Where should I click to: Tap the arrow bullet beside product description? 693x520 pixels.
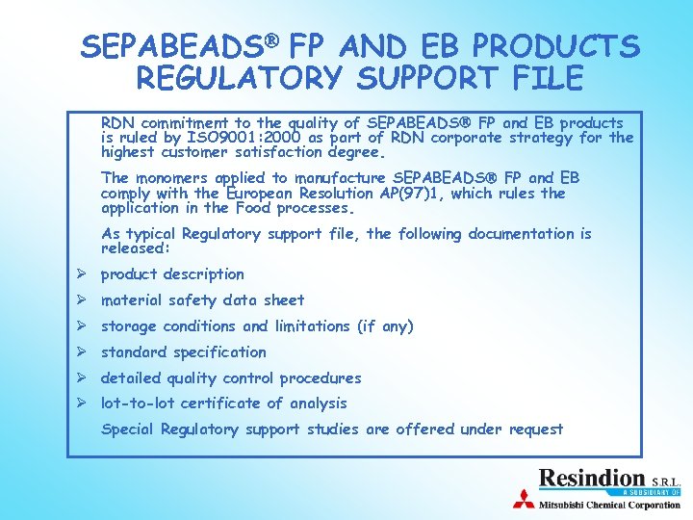(83, 273)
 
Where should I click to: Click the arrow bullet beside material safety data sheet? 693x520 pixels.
(83, 299)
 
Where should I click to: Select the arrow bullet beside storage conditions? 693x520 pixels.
(83, 325)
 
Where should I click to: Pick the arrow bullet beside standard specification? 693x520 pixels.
(83, 351)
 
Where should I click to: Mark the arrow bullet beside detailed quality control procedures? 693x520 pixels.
(83, 377)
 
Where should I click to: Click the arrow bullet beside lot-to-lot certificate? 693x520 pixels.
(83, 403)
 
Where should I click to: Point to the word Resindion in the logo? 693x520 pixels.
(591, 478)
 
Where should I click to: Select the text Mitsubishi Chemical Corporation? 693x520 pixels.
(608, 504)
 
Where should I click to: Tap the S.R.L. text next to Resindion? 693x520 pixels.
(667, 481)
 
